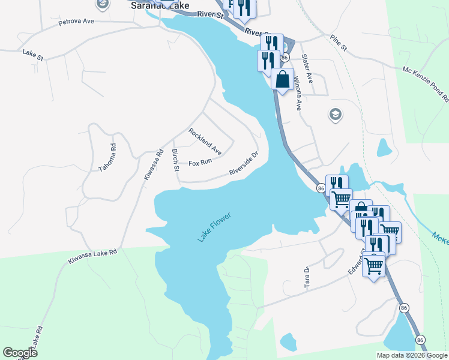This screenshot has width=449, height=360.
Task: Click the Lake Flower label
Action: [214, 228]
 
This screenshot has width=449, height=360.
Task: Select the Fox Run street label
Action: [200, 163]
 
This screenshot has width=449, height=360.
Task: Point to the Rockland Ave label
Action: [205, 142]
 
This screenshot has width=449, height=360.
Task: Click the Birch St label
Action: [175, 160]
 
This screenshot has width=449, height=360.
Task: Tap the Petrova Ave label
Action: [76, 22]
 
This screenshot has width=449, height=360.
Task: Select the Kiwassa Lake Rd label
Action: [92, 255]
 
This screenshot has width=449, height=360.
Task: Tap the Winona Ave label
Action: [297, 97]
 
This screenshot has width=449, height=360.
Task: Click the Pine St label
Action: [339, 43]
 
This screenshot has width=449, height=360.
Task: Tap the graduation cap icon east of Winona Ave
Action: [334, 114]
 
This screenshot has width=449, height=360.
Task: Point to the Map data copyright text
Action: [412, 355]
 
